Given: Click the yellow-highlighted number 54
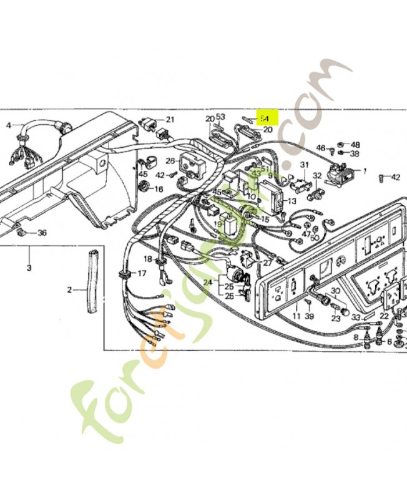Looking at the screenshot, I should pos(265,117).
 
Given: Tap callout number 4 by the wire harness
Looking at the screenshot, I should pos(9,125).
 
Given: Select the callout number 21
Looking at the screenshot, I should pos(170,119).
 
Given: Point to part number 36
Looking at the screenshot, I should pos(42,233).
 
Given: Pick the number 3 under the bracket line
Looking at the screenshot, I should pos(29,268).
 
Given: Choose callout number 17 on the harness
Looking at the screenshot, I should pos(142,273).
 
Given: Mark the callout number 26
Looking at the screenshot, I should pos(170,161).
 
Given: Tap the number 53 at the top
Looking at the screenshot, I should pos(220,117).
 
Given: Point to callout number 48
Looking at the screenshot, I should pos(355,144).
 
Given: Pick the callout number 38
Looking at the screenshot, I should pos(355,153).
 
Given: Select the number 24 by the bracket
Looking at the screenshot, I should pos(208,282).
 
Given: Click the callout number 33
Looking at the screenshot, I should pos(356,317).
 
